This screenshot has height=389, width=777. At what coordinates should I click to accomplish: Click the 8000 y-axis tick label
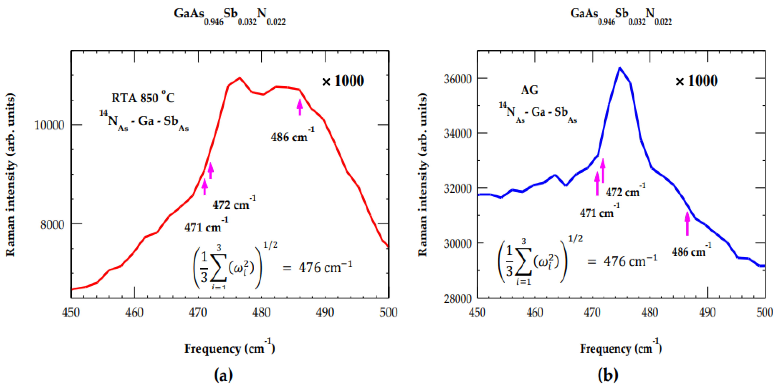point(52,224)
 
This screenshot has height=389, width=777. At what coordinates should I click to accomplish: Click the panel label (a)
point(223,375)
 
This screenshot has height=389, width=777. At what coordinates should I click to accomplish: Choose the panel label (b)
point(608,375)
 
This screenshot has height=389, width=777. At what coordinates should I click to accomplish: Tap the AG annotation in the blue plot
point(529,90)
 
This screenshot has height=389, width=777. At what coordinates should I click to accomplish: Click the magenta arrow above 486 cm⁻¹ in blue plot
point(687,224)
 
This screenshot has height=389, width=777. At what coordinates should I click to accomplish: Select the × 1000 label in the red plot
point(343,81)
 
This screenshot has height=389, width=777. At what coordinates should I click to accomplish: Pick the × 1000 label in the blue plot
point(697,81)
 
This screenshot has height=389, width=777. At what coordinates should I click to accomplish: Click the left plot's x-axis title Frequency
point(213,349)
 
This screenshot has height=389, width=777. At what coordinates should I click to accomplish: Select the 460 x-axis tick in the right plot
point(535,312)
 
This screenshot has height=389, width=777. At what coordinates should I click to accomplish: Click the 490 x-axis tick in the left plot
point(325,312)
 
